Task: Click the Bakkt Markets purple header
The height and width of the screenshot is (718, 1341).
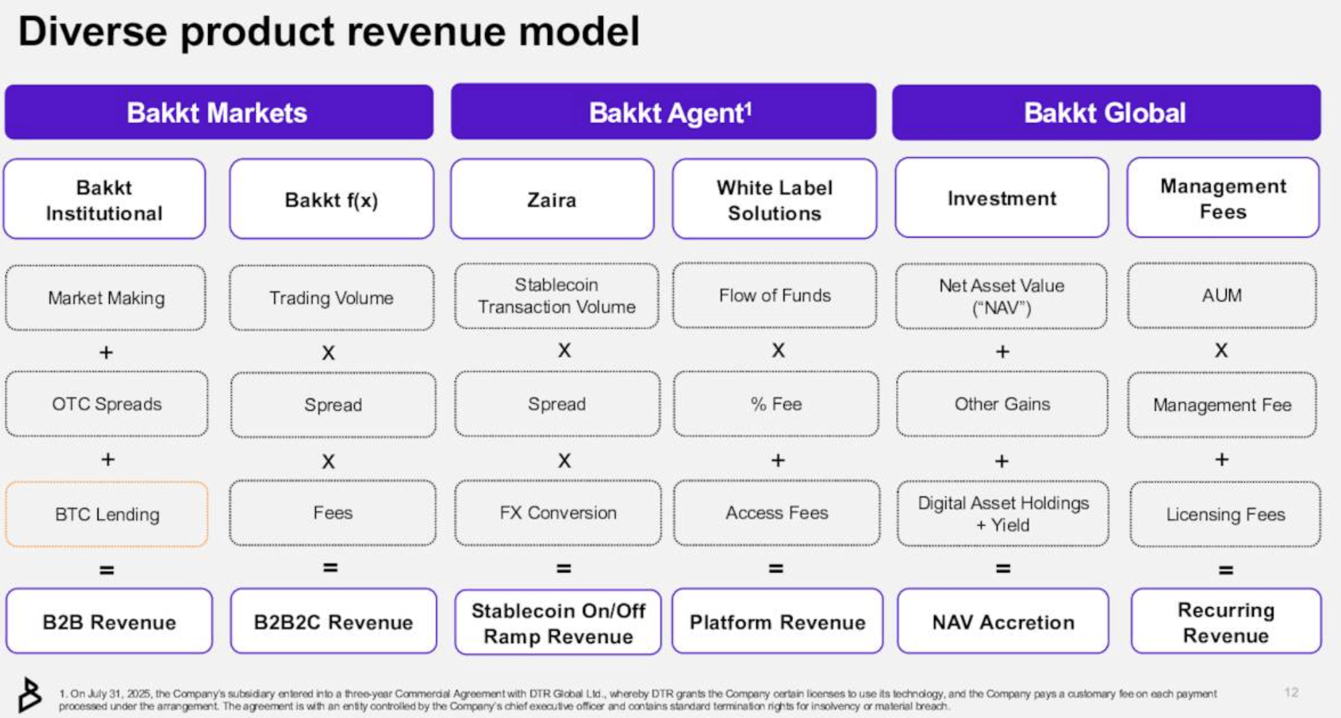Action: (218, 112)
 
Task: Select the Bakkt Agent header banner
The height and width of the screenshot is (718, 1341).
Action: (663, 112)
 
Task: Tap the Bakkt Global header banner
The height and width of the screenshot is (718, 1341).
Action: (1105, 112)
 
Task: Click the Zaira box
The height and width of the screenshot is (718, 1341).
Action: (552, 199)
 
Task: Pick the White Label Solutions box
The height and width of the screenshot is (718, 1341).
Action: (774, 199)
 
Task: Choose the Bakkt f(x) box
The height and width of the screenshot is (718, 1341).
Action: (331, 199)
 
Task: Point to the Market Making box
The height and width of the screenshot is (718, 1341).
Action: (106, 297)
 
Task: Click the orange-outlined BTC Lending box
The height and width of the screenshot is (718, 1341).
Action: (106, 514)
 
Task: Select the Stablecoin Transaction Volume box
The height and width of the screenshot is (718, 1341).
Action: (556, 295)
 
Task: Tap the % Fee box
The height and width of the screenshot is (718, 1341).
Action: (776, 404)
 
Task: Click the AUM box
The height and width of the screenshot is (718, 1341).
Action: (1221, 295)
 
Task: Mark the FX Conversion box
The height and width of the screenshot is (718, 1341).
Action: (557, 513)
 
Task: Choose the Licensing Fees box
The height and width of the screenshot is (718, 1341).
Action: (1225, 514)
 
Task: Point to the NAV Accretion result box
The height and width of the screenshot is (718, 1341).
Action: (1002, 622)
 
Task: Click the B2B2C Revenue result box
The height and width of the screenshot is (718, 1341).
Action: (333, 622)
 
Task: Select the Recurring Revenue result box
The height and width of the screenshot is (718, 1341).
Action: (1225, 622)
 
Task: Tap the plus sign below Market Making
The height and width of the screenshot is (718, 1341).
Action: (106, 352)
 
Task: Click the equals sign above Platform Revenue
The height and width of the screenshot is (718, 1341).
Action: (776, 569)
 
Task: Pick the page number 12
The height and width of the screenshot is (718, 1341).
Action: (1291, 693)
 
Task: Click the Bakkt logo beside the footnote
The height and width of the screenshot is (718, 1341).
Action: (29, 695)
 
